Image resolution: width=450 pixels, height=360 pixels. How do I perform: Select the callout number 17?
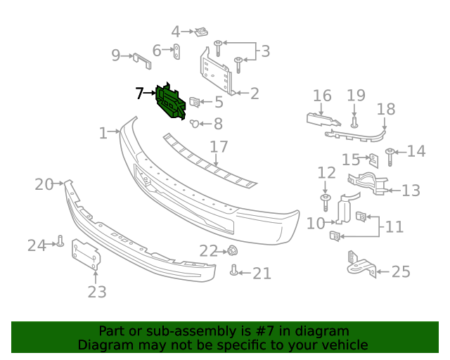click(x=219, y=147)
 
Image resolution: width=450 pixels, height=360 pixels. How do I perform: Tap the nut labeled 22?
click(x=231, y=250)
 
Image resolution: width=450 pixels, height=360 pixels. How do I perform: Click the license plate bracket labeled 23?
click(x=85, y=253)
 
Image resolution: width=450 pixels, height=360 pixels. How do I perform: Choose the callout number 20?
click(x=44, y=184)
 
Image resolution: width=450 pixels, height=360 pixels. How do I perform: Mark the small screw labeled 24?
click(x=60, y=243)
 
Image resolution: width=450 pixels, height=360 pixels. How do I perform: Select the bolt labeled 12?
click(x=326, y=203)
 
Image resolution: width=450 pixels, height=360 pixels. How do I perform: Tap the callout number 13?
click(x=411, y=190)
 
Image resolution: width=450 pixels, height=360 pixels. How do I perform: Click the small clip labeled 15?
click(x=374, y=160)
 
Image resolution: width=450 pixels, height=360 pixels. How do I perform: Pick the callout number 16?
click(x=322, y=96)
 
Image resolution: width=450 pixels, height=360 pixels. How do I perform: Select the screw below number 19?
click(x=354, y=122)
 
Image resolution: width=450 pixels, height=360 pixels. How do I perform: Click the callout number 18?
click(x=386, y=109)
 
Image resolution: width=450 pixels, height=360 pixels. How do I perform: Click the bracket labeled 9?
click(x=141, y=60)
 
